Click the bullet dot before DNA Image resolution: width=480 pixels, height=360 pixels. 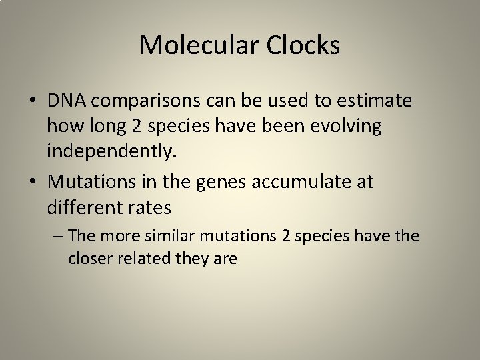click(x=32, y=101)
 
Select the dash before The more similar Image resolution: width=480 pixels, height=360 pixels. click(x=57, y=235)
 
